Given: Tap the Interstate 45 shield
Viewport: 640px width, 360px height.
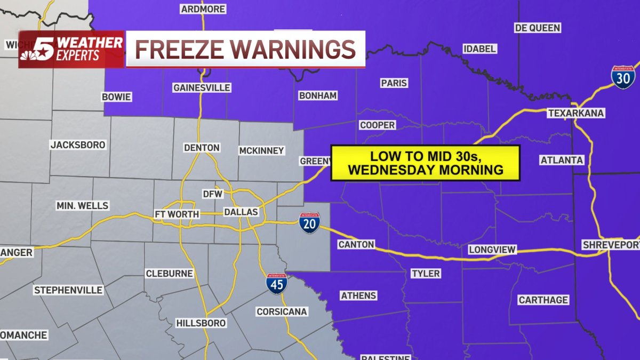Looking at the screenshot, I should [277, 284].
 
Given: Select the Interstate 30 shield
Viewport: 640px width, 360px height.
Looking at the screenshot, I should [623, 77].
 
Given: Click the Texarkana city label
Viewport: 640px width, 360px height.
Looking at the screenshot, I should [575, 113].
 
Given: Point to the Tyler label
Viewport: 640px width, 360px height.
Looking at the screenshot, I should [426, 274].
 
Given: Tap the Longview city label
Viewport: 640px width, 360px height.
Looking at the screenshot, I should [492, 250].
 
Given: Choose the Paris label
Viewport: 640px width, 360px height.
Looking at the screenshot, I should [394, 83].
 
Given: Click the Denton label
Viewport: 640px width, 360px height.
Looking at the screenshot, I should [202, 148].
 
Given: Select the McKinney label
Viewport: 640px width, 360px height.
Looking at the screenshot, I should [261, 150].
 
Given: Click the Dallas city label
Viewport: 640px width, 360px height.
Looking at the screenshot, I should [241, 212].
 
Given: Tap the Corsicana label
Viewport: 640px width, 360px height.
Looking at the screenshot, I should [282, 311].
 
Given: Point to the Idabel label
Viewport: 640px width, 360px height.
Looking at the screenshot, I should [479, 49].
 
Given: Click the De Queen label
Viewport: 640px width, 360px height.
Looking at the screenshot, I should [537, 28].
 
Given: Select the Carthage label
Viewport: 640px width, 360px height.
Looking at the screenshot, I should [543, 300].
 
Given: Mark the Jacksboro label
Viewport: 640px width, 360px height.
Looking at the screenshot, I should [78, 145].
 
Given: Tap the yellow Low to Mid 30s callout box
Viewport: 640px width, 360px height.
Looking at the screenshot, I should [425, 163].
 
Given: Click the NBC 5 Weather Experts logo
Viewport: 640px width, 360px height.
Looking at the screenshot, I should [71, 50].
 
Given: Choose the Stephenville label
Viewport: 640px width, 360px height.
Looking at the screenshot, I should [68, 291].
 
